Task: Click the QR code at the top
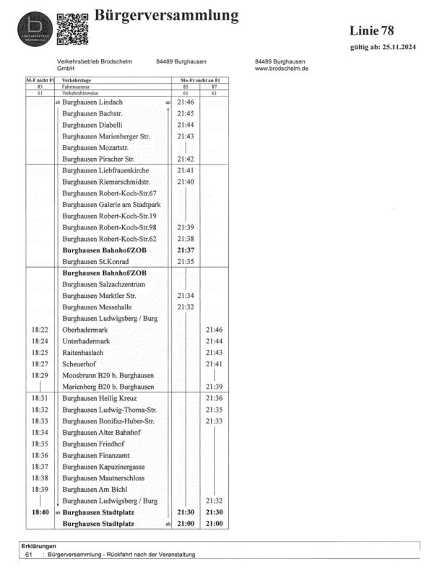coord(72,27)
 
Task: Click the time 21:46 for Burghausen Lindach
coord(185,103)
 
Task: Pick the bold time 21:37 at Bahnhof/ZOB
coord(185,250)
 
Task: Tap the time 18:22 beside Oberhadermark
coord(40,330)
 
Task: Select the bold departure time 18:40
coord(40,512)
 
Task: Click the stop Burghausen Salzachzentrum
coord(103,284)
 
